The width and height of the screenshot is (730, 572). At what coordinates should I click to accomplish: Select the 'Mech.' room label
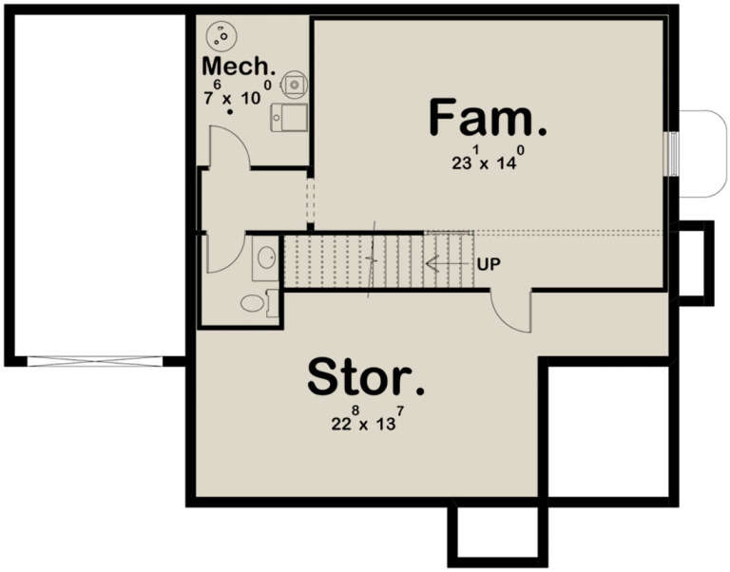[240, 68]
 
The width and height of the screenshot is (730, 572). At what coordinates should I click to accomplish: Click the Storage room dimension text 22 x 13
[365, 421]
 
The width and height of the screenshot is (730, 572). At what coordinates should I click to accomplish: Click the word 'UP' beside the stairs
[490, 263]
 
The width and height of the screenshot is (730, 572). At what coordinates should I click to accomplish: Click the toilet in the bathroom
[253, 303]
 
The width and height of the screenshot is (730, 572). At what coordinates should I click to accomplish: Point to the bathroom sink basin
[267, 257]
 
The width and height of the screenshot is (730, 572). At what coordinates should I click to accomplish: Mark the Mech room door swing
[229, 147]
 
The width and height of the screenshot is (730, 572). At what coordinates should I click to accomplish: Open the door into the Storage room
[510, 313]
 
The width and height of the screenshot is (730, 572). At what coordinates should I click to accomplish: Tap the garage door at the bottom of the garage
[95, 361]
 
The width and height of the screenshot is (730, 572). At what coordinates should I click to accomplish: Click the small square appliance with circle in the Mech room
[296, 84]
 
